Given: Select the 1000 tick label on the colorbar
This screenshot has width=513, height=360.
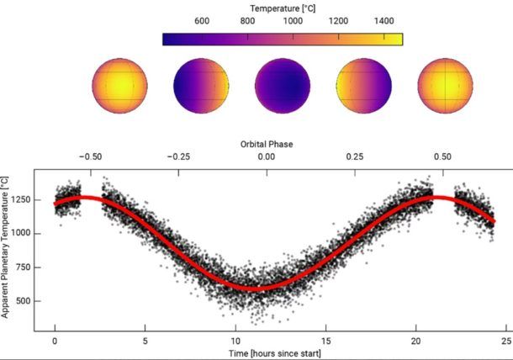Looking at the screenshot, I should click(294, 21).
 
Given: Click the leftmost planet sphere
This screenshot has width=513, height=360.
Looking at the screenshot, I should click(119, 86).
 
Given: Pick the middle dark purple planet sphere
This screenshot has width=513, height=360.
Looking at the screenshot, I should click(283, 86).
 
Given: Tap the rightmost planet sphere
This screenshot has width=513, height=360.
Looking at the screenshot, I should click(446, 86).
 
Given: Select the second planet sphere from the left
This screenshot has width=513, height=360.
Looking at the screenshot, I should click(201, 86).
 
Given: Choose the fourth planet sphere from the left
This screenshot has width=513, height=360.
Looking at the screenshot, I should click(364, 86).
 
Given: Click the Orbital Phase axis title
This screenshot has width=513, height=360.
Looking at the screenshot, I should click(267, 144).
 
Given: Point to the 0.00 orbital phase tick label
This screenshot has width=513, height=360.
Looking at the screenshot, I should click(266, 157).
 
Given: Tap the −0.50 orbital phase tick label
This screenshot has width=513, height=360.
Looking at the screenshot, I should click(89, 157).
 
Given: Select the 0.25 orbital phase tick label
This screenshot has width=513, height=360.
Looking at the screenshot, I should click(355, 157).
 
